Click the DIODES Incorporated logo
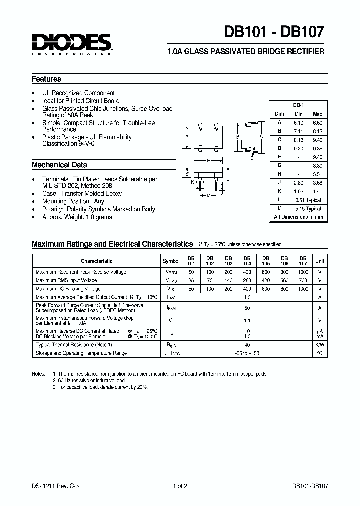coord(72,43)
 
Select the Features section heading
coord(46,79)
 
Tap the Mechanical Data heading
coord(59,165)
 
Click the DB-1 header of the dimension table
coord(298,105)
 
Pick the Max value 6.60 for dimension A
coord(317,122)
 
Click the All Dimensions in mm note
coord(298,217)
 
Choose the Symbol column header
coord(171,261)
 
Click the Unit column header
coord(319,261)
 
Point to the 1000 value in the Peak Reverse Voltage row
coord(303,272)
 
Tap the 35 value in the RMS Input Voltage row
coord(191,280)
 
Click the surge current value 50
coord(247,308)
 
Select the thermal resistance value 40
coord(247,344)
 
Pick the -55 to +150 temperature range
coord(247,353)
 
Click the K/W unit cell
coord(319,344)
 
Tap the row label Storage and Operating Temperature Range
coord(81,353)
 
